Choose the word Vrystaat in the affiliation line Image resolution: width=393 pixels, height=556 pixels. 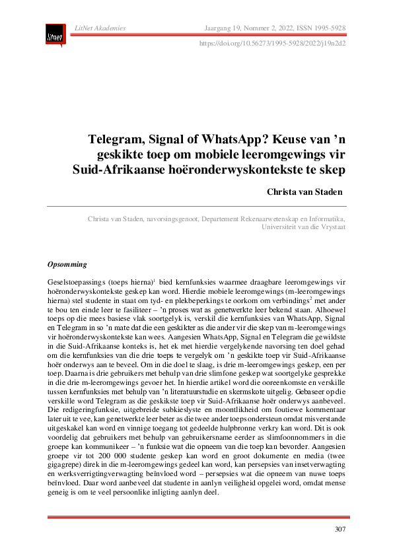click(330, 226)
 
